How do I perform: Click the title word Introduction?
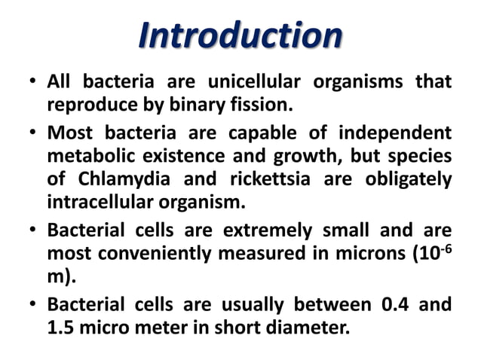pyautogui.click(x=240, y=35)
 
